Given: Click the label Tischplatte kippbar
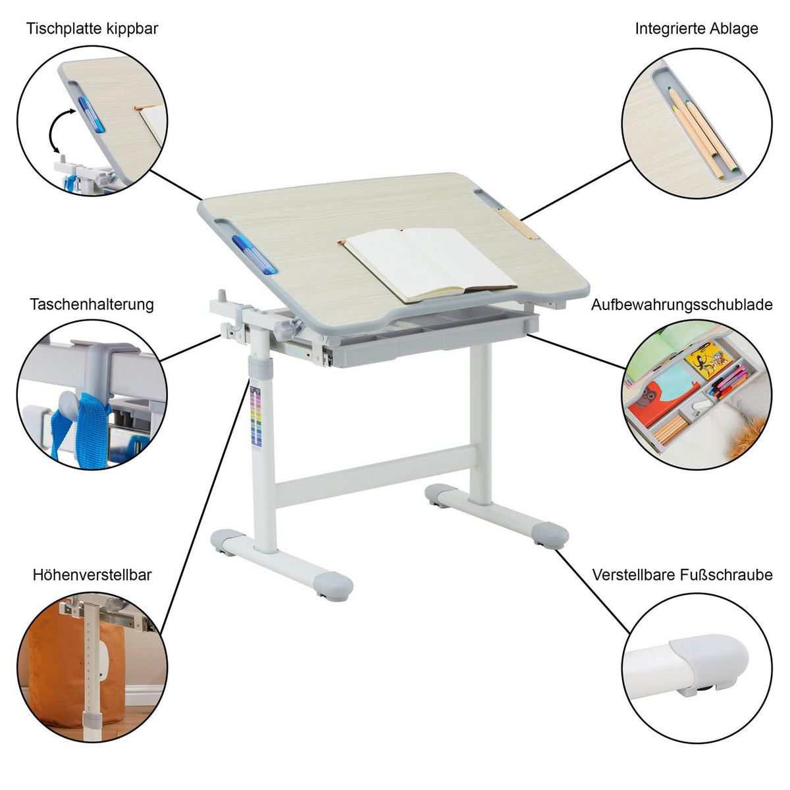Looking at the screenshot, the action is pyautogui.click(x=92, y=29).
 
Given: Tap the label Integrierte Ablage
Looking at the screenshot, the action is pyautogui.click(x=697, y=29).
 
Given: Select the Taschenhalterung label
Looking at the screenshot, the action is pyautogui.click(x=92, y=305).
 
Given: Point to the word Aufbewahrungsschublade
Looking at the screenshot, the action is pyautogui.click(x=682, y=305).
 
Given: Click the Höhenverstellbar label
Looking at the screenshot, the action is pyautogui.click(x=92, y=575).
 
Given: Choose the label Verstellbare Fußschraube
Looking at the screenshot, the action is pyautogui.click(x=682, y=575).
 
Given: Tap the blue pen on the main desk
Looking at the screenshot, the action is pyautogui.click(x=254, y=255).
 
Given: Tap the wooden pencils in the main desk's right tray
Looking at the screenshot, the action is pyautogui.click(x=518, y=223).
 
